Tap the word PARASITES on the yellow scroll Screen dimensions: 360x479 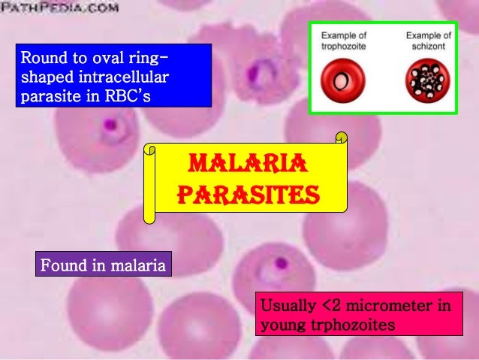click(249, 194)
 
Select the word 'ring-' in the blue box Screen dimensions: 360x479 click(146, 58)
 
